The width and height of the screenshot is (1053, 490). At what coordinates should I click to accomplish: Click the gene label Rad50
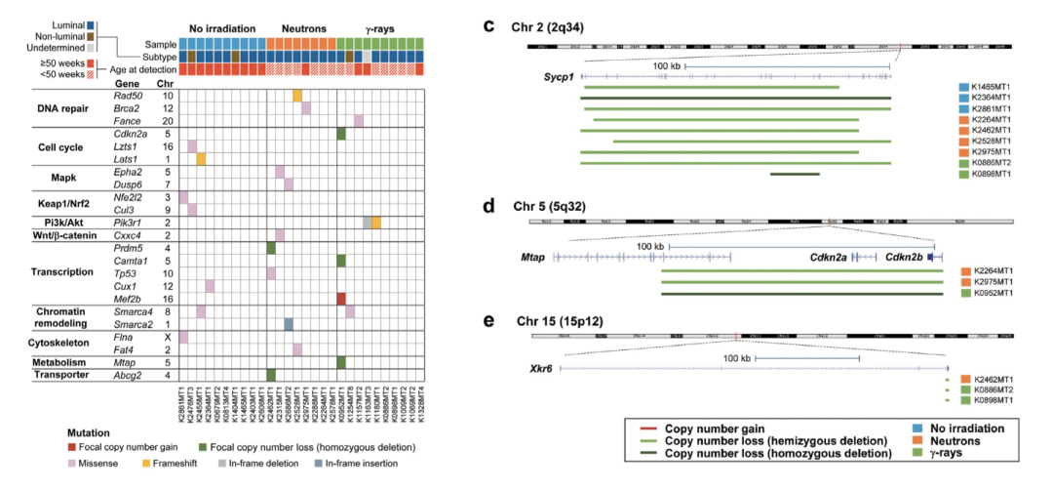[x=127, y=95]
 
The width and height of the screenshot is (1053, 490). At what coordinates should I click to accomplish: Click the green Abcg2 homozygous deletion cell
[x=270, y=374]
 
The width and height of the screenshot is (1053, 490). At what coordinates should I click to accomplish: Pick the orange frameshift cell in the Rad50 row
[x=297, y=95]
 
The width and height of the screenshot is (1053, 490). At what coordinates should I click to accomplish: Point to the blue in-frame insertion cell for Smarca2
[x=289, y=323]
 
